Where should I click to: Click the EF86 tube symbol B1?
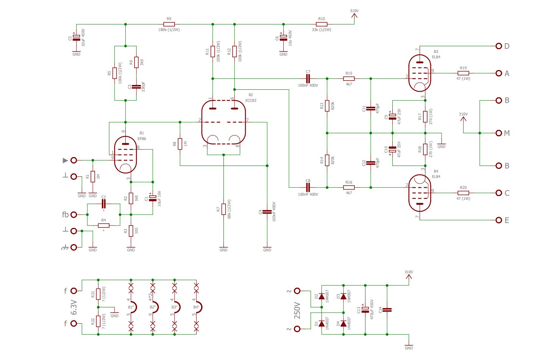coord(125,154)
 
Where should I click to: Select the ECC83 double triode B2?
coord(223,122)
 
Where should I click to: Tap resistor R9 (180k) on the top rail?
coord(169,24)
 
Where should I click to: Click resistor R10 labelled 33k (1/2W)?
coord(322,24)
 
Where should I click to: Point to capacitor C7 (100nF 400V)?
coord(308,78)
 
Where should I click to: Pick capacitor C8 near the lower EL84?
coord(308,187)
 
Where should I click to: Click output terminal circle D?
coord(499,46)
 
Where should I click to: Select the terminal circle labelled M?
coord(499,133)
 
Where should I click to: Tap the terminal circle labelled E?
coord(499,220)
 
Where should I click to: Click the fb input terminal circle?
coord(74,215)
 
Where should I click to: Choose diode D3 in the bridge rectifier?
coord(343,296)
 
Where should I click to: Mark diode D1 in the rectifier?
coord(322,324)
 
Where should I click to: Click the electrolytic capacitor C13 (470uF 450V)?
coord(365,310)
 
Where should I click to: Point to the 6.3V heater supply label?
coord(74,307)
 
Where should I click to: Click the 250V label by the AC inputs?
coord(297,310)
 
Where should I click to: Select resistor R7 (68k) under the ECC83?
coord(223,209)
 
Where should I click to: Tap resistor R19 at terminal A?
coord(463,73)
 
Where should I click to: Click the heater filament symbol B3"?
coord(177,307)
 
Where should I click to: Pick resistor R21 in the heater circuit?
coord(98,294)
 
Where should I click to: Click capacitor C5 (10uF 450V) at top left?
coord(76,37)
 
